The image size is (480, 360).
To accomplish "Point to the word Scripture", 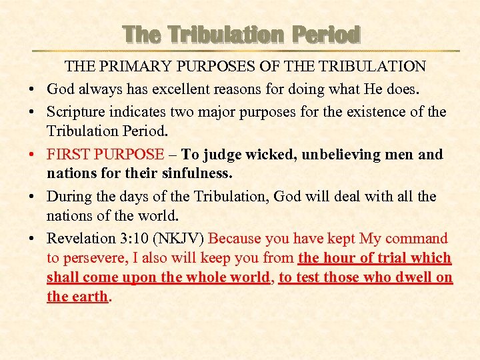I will (75, 111).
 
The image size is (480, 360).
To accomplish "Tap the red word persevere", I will (93, 258).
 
